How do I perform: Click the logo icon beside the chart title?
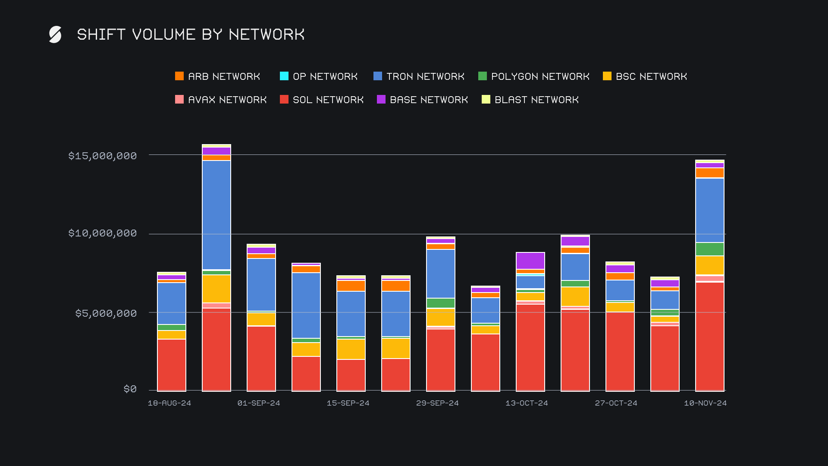(x=55, y=35)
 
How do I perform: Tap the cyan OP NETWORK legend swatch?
(x=284, y=76)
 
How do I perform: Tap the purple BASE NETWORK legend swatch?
(x=381, y=100)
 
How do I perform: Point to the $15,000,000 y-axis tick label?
(x=103, y=156)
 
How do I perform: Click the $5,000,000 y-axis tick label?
(x=106, y=313)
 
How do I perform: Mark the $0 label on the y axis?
(x=130, y=389)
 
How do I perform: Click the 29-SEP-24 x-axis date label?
(x=437, y=403)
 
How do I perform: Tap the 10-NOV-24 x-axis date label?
(x=705, y=403)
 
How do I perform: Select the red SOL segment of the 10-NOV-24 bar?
(x=709, y=337)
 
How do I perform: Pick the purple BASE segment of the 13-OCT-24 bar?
(x=530, y=261)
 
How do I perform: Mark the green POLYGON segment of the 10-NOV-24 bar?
(x=709, y=249)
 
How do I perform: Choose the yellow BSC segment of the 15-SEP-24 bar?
(x=351, y=349)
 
